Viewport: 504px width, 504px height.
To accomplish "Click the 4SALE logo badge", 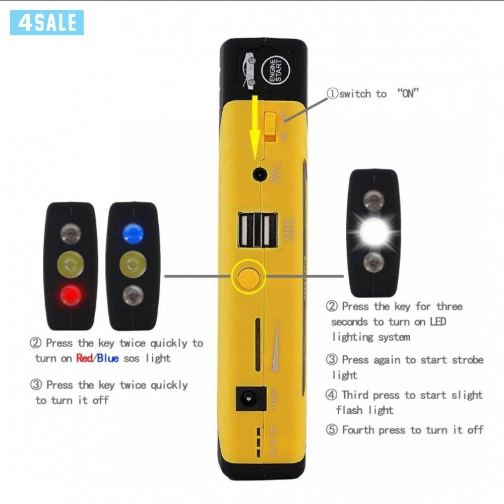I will (46, 23).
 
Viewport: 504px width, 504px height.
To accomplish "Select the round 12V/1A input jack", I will (260, 174).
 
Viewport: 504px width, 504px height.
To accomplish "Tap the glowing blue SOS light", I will (133, 232).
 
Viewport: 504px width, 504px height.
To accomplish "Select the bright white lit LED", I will (374, 232).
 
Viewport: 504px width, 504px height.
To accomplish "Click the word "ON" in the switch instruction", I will (408, 94).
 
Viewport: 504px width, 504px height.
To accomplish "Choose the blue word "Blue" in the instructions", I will (108, 358).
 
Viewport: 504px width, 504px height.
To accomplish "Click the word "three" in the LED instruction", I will (449, 306).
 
